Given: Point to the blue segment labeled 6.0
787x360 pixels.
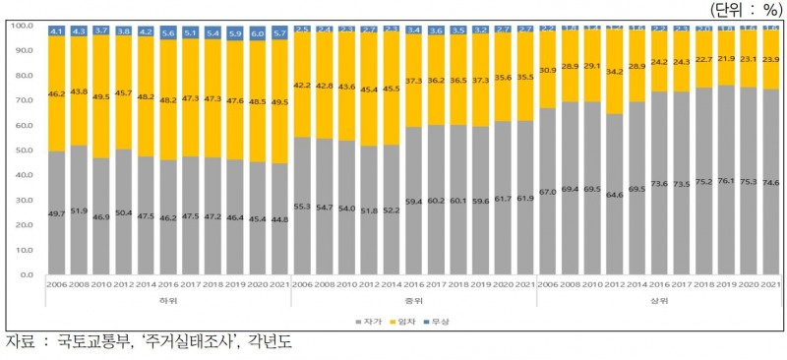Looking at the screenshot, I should pyautogui.click(x=258, y=32).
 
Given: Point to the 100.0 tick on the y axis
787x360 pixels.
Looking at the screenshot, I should pyautogui.click(x=23, y=24).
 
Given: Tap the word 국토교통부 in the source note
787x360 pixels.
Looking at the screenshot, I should pyautogui.click(x=95, y=343).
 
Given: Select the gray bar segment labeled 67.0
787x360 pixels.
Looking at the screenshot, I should pyautogui.click(x=547, y=192).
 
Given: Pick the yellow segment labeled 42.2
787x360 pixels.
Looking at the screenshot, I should pyautogui.click(x=302, y=85).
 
